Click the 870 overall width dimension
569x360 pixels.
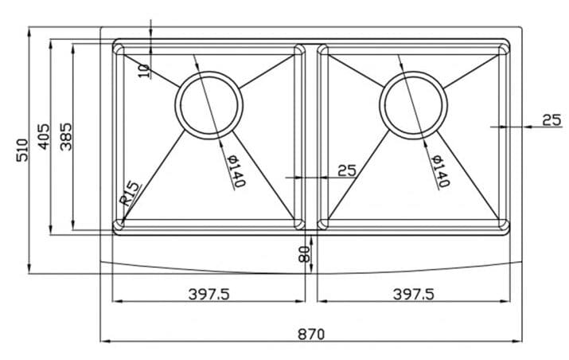311,335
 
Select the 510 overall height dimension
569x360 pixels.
21,149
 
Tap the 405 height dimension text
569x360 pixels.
44,137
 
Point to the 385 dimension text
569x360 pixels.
66,137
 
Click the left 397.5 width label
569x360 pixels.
209,294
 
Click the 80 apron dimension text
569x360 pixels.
304,255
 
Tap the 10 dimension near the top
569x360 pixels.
144,70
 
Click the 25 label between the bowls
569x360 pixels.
347,170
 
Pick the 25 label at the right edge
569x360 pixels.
551,119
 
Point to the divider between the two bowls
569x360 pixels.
311,135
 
